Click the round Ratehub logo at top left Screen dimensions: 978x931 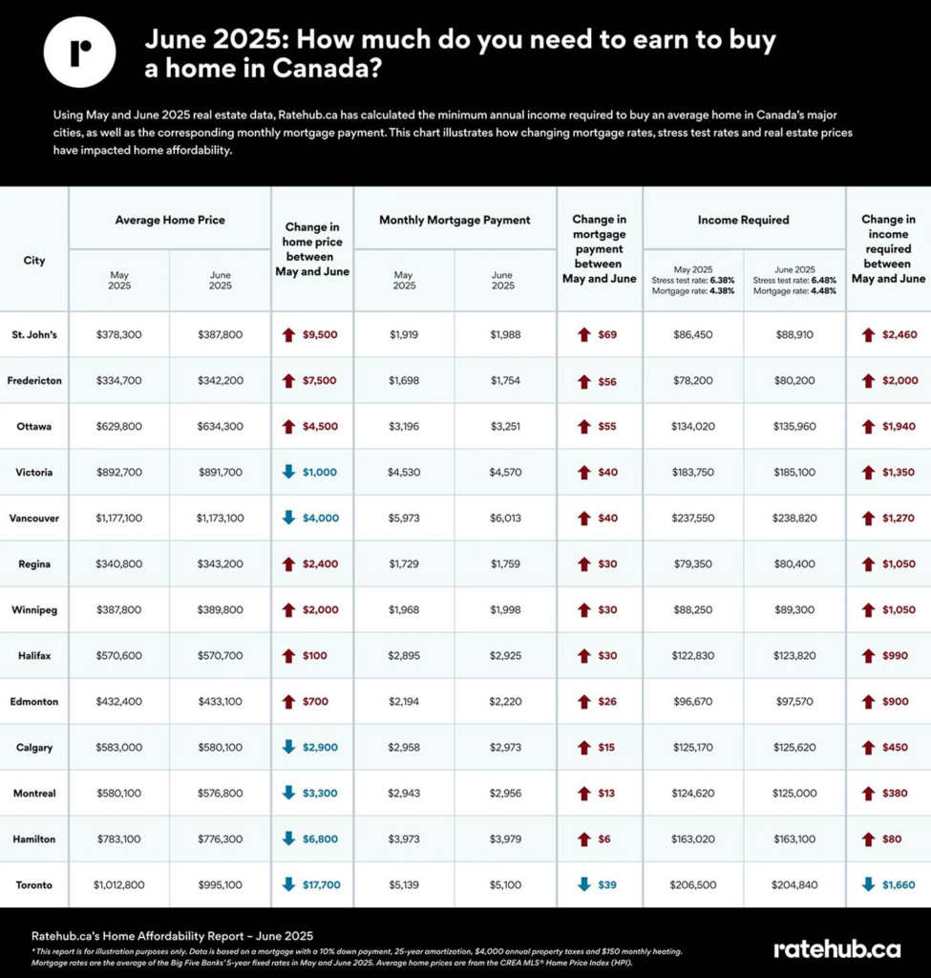[x=80, y=52]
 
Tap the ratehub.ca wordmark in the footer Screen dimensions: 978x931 [x=836, y=948]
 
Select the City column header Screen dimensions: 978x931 [x=34, y=260]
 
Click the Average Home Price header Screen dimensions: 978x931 [x=170, y=220]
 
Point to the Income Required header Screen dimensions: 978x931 [x=743, y=220]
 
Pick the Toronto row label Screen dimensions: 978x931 [x=34, y=885]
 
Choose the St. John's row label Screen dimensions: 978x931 [x=34, y=335]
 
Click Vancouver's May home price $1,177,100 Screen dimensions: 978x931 [x=119, y=519]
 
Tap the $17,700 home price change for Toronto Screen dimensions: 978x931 [x=321, y=885]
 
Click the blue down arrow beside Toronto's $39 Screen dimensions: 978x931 [x=584, y=885]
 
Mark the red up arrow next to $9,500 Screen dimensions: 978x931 [x=288, y=335]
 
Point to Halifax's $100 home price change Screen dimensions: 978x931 [x=314, y=656]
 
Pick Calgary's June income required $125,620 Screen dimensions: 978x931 [x=794, y=748]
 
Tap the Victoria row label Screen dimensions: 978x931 [x=34, y=473]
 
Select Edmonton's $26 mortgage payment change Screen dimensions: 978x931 [x=607, y=702]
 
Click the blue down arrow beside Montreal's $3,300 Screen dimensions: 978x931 [x=288, y=794]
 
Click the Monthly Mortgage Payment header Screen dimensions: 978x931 [x=455, y=220]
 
